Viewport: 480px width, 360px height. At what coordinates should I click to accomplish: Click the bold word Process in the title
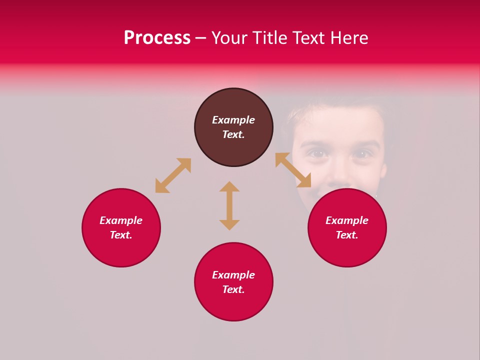coord(157,38)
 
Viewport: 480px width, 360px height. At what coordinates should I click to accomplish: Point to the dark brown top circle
coord(233,127)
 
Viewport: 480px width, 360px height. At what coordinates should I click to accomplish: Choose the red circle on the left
coord(121,227)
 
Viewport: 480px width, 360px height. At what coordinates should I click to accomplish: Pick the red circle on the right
coord(347,227)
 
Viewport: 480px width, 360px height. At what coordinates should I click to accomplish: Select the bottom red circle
coord(233,282)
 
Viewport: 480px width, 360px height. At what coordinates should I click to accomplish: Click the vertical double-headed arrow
coord(229,205)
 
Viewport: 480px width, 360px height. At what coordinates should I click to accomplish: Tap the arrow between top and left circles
coord(173,175)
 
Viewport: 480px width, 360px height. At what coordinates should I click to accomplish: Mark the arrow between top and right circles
coord(293,170)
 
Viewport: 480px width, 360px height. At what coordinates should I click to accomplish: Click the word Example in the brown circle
coord(233,120)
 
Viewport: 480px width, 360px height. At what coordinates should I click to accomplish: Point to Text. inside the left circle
coord(121,235)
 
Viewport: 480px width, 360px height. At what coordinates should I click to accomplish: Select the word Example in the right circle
coord(347,220)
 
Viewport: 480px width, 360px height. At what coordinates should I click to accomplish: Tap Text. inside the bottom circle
coord(233,289)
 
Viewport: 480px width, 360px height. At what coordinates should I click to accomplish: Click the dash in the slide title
coord(200,38)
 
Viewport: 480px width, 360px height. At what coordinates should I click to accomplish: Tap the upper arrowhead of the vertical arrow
coord(229,186)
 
